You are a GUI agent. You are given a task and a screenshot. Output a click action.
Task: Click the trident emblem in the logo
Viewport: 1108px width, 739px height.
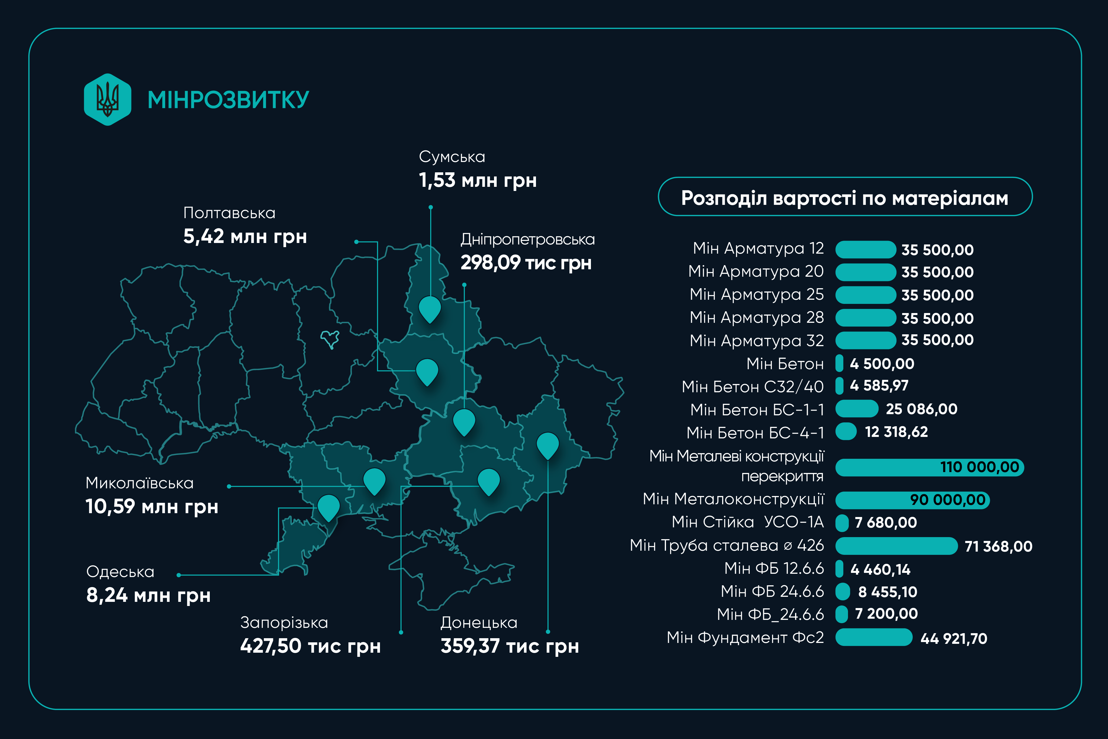(x=108, y=99)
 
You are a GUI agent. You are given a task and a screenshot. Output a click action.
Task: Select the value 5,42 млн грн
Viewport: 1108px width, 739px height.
(x=245, y=236)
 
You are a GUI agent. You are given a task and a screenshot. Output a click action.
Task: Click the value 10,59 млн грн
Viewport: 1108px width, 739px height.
(x=152, y=507)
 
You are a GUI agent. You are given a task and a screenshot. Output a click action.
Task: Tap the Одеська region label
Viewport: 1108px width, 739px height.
(x=121, y=572)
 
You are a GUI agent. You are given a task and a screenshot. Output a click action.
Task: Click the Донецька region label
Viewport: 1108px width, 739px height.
(x=479, y=623)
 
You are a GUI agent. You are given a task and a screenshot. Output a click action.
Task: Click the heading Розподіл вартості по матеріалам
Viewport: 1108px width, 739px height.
(x=845, y=198)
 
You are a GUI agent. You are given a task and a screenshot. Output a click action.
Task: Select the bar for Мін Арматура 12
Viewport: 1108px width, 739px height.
(x=865, y=249)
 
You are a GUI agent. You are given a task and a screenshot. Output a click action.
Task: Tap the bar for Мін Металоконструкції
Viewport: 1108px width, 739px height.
(x=912, y=500)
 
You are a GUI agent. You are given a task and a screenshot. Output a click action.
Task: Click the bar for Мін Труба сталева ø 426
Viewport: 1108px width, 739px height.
(x=896, y=546)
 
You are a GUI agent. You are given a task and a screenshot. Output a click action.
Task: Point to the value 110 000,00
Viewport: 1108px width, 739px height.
(x=979, y=467)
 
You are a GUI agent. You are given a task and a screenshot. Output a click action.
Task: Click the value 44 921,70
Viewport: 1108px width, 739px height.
(x=953, y=638)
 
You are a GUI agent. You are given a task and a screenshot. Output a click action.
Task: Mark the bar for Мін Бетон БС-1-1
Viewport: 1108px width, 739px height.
(x=857, y=409)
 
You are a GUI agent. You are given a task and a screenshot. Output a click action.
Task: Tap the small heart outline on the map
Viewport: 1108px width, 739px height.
(x=330, y=339)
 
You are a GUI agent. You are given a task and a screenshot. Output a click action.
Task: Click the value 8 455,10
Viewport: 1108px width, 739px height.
(x=888, y=592)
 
